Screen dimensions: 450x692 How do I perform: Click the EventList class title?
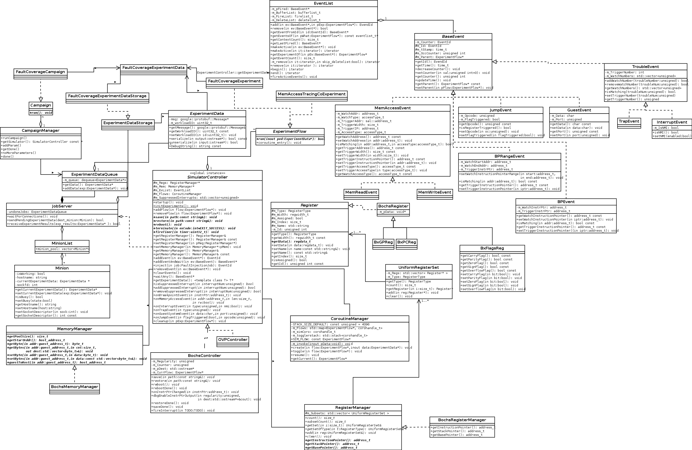(x=323, y=3)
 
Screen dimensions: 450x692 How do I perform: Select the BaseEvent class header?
(x=453, y=37)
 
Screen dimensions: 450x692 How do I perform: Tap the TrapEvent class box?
(x=629, y=122)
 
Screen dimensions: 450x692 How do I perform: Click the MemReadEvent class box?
(x=361, y=192)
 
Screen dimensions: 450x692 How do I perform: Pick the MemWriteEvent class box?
(x=435, y=192)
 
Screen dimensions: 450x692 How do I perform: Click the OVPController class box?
(x=233, y=340)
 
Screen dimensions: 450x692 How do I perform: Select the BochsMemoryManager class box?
(x=75, y=387)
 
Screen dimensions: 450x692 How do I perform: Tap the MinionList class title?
(x=62, y=243)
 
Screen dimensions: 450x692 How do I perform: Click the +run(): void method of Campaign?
(x=41, y=113)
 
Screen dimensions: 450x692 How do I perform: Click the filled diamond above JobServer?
(x=62, y=200)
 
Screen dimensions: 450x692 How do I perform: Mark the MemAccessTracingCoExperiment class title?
(x=311, y=94)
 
